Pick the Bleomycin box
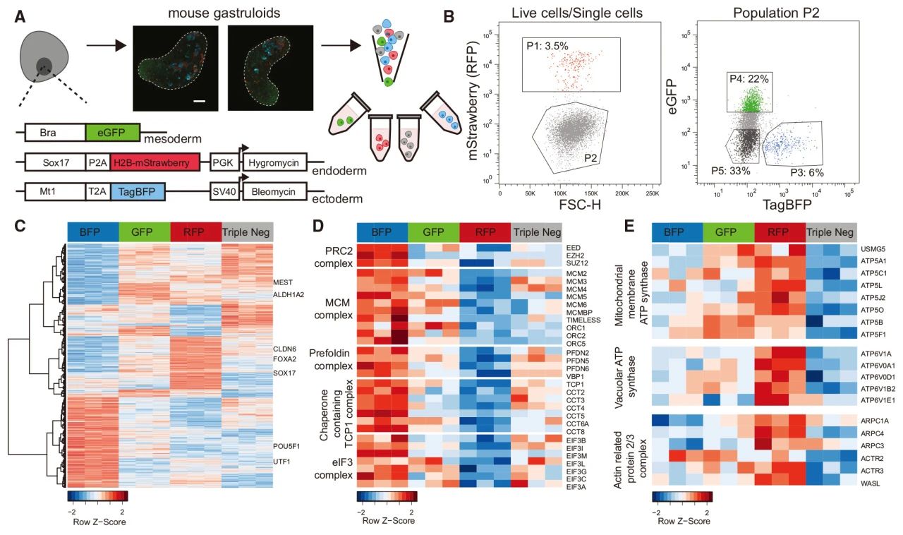275,193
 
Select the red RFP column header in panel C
195,232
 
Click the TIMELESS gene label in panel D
583,319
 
